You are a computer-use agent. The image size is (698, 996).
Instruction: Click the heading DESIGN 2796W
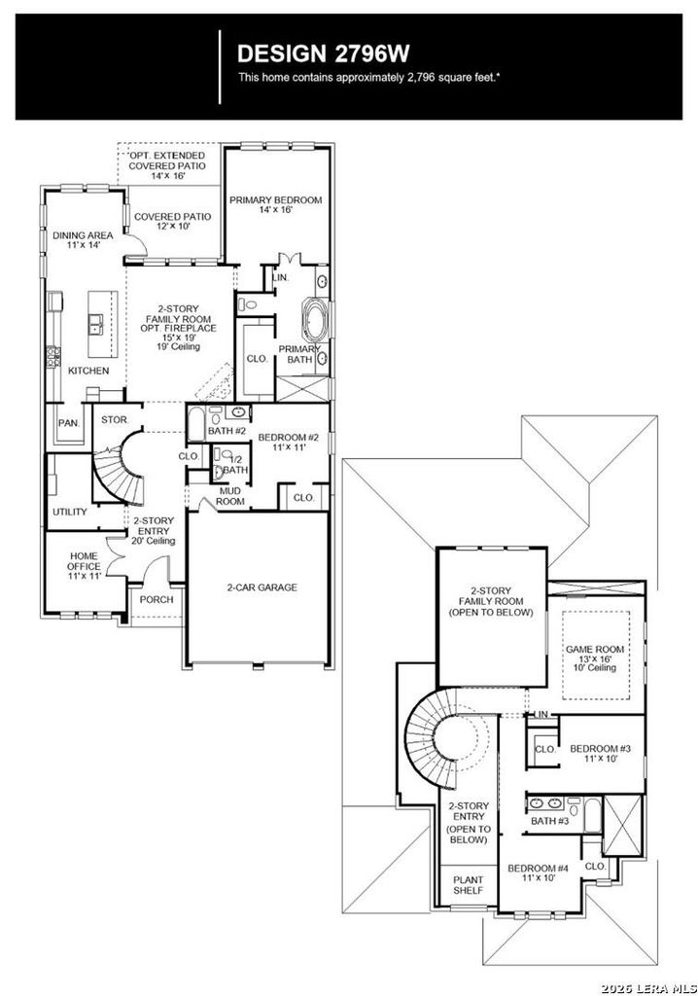[324, 54]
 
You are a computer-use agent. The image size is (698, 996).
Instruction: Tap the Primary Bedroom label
[276, 204]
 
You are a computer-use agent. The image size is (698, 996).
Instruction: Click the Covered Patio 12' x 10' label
[172, 221]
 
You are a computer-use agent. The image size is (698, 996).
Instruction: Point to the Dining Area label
[83, 239]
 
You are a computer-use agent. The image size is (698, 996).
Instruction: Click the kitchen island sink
[97, 324]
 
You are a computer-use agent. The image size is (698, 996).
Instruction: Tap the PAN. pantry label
[69, 423]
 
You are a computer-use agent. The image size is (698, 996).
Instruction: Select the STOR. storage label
[115, 420]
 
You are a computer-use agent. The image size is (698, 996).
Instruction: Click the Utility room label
[70, 512]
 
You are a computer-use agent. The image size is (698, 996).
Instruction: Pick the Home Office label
[85, 565]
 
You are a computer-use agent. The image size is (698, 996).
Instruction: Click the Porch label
[157, 599]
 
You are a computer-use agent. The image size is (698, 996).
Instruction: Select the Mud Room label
[230, 496]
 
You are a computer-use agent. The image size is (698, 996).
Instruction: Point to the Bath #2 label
[223, 431]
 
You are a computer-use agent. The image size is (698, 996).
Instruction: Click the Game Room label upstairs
[595, 658]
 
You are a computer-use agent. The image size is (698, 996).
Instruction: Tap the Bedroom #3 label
[600, 754]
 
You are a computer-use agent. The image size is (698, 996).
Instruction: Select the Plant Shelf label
[468, 885]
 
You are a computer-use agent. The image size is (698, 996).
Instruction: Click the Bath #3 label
[550, 821]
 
